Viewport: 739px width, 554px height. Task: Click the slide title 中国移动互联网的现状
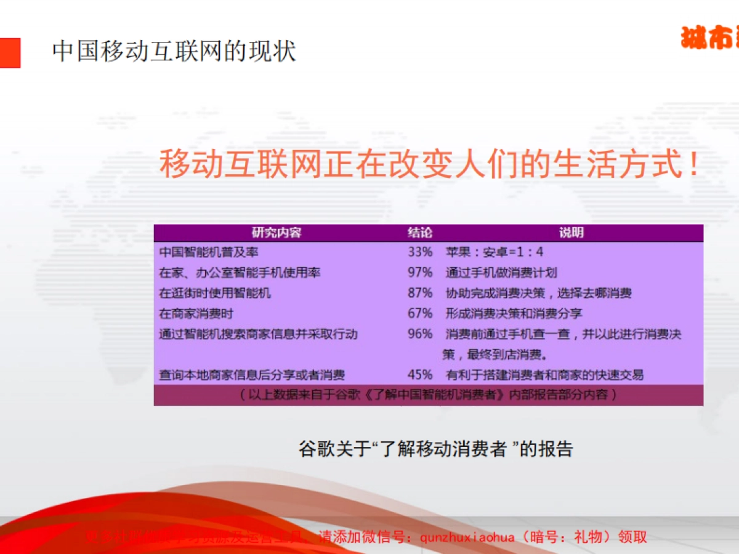[174, 52]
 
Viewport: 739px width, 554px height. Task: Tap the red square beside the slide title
[9, 53]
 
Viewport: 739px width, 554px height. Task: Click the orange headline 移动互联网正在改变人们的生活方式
[429, 163]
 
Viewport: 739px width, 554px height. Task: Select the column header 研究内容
[277, 233]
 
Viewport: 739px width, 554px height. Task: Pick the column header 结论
[420, 233]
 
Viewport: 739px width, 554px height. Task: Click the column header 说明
[571, 233]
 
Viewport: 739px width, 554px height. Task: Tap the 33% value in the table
[420, 252]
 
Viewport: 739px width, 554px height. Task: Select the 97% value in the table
[420, 272]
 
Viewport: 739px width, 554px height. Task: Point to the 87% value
[420, 292]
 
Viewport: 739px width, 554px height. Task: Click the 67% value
[420, 313]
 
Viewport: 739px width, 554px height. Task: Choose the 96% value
[420, 334]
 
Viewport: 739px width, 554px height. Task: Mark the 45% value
[420, 374]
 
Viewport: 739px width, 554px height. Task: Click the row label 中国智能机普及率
[204, 252]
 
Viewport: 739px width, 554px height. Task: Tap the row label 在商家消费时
[196, 313]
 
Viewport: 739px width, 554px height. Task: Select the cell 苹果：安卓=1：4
[495, 252]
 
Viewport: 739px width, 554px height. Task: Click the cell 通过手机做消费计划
[501, 272]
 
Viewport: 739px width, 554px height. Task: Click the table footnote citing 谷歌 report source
[428, 395]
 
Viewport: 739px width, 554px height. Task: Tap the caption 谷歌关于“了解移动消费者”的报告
[435, 449]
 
